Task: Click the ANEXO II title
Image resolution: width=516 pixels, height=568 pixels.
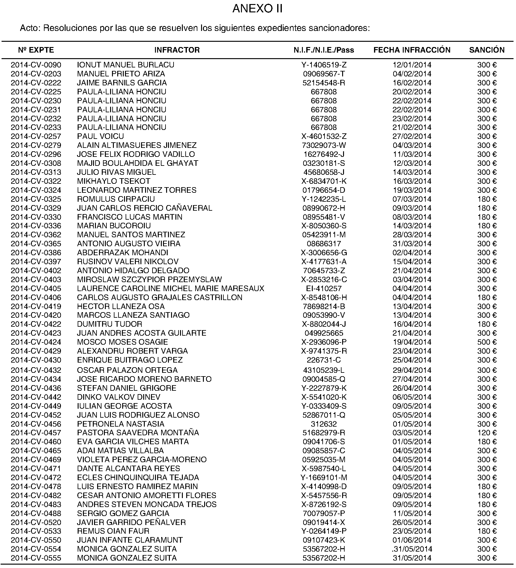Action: pyautogui.click(x=257, y=9)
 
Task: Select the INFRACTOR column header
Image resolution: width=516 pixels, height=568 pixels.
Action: pyautogui.click(x=177, y=50)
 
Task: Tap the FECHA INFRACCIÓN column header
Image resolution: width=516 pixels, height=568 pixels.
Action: pyautogui.click(x=412, y=50)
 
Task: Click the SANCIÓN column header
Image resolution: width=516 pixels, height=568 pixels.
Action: pyautogui.click(x=487, y=50)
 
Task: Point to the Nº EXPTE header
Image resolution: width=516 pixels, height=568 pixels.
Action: pyautogui.click(x=36, y=50)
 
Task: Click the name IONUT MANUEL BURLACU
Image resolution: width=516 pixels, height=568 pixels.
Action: pyautogui.click(x=126, y=65)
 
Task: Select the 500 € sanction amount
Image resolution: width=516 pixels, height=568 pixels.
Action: pyautogui.click(x=487, y=342)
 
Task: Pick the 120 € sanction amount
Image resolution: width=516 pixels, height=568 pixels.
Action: pyautogui.click(x=487, y=433)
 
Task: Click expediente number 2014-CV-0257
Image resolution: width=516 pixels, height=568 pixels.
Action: pyautogui.click(x=36, y=136)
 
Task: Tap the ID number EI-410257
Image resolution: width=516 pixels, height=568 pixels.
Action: pyautogui.click(x=324, y=289)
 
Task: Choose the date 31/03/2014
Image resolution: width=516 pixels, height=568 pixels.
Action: pyautogui.click(x=412, y=244)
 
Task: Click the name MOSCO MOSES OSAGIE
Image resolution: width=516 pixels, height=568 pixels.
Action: pyautogui.click(x=123, y=342)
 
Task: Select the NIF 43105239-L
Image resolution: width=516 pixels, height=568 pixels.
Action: pyautogui.click(x=324, y=370)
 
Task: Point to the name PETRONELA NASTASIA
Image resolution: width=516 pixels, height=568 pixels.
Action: pyautogui.click(x=121, y=424)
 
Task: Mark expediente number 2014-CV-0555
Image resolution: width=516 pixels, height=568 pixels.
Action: pyautogui.click(x=36, y=558)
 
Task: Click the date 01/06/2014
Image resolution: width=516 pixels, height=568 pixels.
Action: pyautogui.click(x=412, y=540)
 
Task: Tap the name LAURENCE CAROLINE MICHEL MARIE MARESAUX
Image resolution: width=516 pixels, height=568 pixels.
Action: pyautogui.click(x=170, y=289)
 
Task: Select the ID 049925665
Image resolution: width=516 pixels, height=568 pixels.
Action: pyautogui.click(x=324, y=333)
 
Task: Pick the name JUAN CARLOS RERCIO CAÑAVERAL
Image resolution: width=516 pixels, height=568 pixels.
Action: pyautogui.click(x=144, y=208)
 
